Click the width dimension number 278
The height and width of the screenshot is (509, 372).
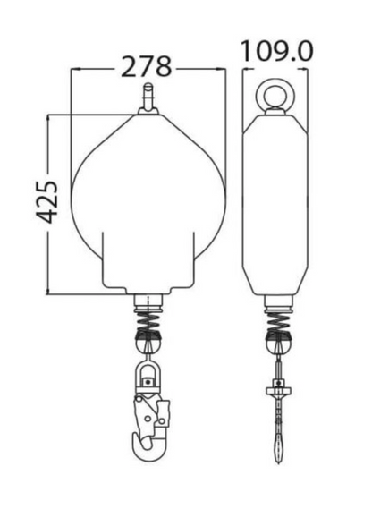pos(148,67)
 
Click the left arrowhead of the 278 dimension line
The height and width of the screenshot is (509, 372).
pos(73,67)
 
